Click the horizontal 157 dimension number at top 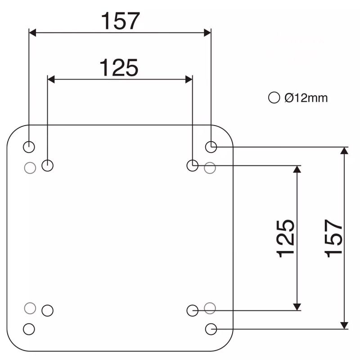tap(120, 21)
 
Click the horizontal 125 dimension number tap(118, 68)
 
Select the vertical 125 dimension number tap(286, 238)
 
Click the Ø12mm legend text tap(306, 98)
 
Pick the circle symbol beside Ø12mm tap(274, 98)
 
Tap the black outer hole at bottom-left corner tap(29, 328)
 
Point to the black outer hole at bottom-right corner tap(211, 329)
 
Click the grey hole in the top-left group tap(30, 167)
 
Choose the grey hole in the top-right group tap(210, 168)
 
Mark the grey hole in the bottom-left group tap(30, 308)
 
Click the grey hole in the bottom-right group tap(210, 308)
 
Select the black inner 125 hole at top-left tap(48, 166)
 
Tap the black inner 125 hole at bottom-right tap(192, 310)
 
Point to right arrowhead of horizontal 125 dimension tap(189, 79)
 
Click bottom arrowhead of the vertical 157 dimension tap(344, 325)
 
